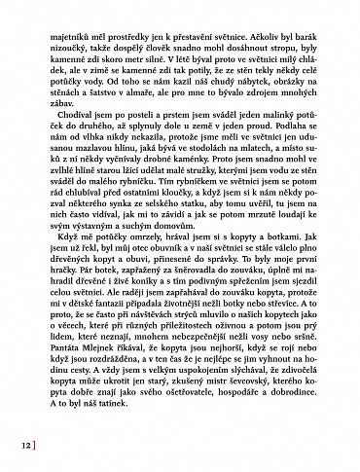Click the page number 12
tap(22, 446)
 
